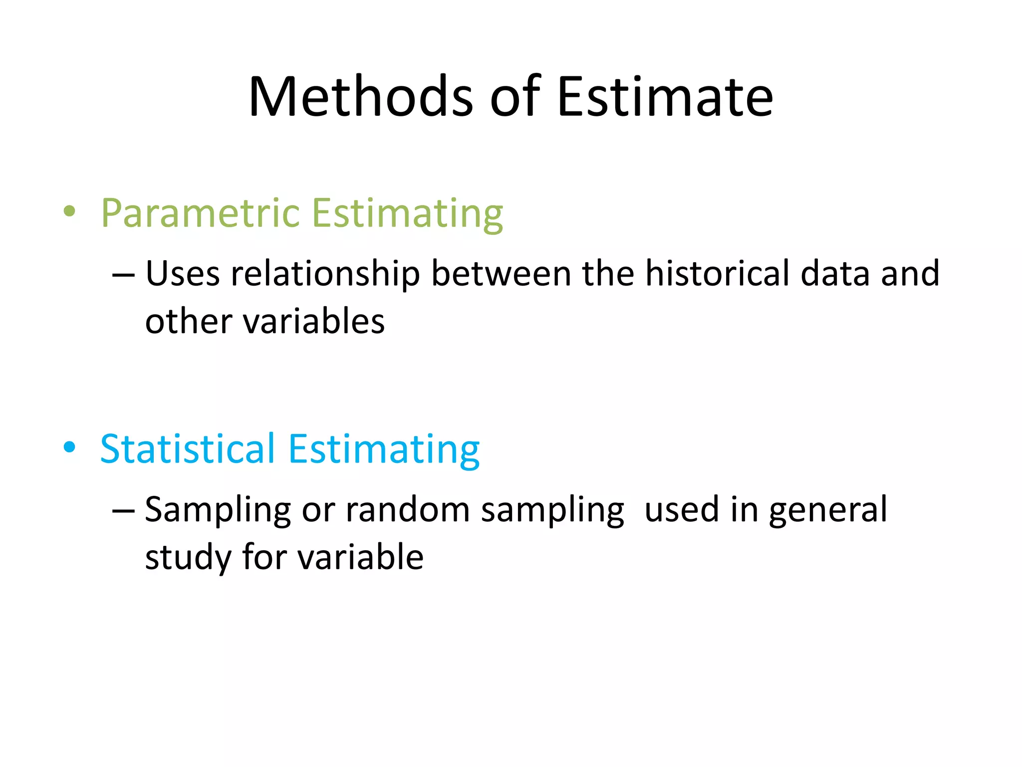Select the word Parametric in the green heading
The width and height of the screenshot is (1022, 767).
(x=200, y=214)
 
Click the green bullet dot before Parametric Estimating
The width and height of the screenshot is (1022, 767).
(x=70, y=211)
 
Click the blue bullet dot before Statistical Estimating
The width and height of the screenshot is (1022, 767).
(x=70, y=447)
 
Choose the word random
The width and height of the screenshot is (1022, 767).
(x=408, y=510)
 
